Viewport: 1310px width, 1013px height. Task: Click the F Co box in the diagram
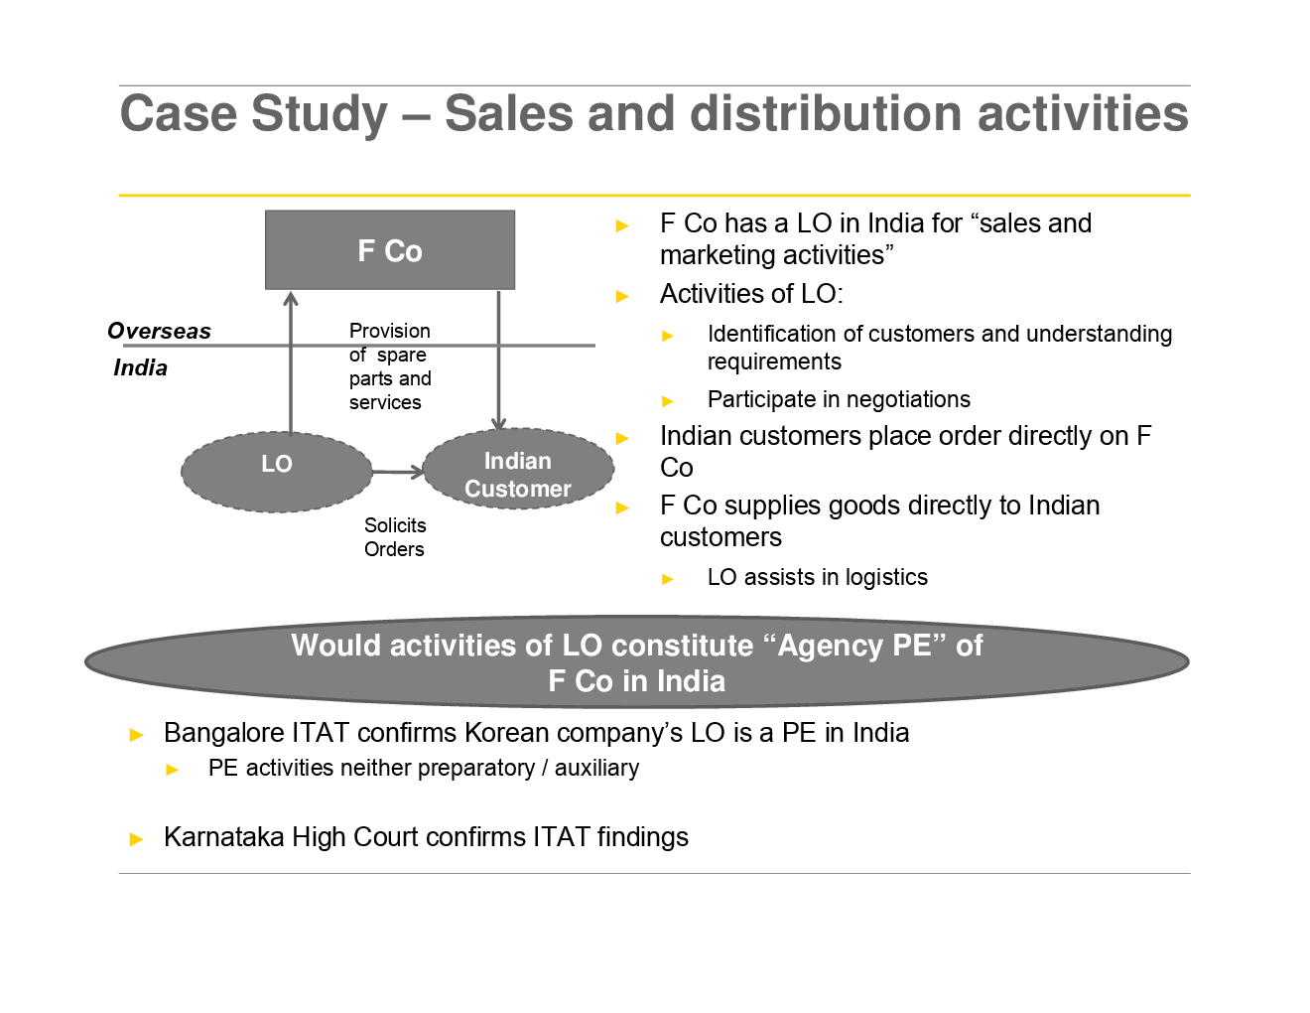390,250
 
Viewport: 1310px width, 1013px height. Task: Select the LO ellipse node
276,472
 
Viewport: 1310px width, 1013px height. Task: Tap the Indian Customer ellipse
517,470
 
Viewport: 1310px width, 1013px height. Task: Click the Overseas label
159,331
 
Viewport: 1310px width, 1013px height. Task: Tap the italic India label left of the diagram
140,367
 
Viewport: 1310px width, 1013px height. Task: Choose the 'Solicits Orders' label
394,537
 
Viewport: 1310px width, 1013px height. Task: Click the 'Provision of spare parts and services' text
389,366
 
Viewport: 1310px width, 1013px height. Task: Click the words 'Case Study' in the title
254,113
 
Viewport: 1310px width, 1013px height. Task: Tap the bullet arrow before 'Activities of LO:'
622,296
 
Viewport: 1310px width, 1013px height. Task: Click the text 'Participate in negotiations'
839,399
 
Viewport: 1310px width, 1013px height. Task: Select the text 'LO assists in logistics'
817,577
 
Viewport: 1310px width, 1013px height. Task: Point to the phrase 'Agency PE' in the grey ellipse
854,646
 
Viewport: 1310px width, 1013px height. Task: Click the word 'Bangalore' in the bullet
223,733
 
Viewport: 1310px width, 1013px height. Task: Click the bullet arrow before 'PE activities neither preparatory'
173,770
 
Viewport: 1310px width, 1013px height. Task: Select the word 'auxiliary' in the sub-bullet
596,768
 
